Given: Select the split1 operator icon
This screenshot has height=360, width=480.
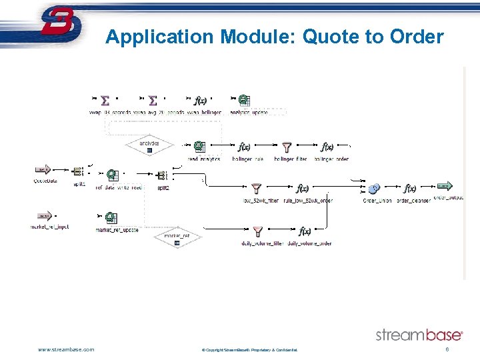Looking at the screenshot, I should (77, 173).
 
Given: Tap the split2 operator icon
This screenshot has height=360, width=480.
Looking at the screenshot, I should (161, 175).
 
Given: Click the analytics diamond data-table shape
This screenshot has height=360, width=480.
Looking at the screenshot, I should (149, 145).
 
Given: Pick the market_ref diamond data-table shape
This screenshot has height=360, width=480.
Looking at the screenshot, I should (177, 237).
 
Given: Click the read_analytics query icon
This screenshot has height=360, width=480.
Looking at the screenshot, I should (199, 147).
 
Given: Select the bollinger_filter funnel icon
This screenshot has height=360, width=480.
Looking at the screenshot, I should (287, 147).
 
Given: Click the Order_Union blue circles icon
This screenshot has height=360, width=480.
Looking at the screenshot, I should (375, 189).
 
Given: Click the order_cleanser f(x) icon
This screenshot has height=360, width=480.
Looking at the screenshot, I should (410, 189).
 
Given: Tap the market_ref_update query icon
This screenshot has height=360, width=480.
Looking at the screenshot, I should (110, 218).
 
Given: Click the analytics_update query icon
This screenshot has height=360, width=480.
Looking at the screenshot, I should (244, 101).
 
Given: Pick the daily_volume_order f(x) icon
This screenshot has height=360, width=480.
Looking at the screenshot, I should (305, 231).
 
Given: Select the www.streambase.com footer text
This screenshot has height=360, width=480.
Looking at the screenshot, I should (66, 349).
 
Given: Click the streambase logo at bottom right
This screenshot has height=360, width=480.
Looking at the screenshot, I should (419, 335).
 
